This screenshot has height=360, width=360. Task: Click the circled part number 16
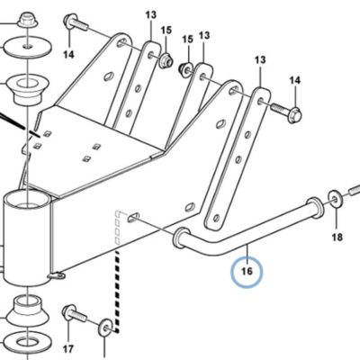click(x=247, y=272)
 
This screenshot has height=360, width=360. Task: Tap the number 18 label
click(x=337, y=238)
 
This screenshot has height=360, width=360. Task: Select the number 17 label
click(x=68, y=349)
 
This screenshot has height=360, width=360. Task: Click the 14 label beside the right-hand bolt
click(x=294, y=80)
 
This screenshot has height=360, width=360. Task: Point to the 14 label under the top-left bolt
click(x=68, y=55)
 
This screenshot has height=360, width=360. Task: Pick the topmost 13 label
click(x=151, y=14)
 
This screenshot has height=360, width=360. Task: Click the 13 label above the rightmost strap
click(x=260, y=60)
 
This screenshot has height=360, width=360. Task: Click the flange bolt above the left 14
click(x=76, y=22)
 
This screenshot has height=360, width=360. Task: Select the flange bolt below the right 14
click(x=286, y=112)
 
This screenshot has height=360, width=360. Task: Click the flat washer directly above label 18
click(x=334, y=199)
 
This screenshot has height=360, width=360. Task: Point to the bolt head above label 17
click(x=68, y=312)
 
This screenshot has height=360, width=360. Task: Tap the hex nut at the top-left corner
click(x=27, y=21)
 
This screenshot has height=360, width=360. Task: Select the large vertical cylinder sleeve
click(x=27, y=238)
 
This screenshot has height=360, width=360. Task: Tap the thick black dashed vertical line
click(x=117, y=292)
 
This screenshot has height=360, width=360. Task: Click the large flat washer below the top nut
click(x=27, y=47)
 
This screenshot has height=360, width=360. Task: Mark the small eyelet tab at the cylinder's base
click(x=56, y=275)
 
